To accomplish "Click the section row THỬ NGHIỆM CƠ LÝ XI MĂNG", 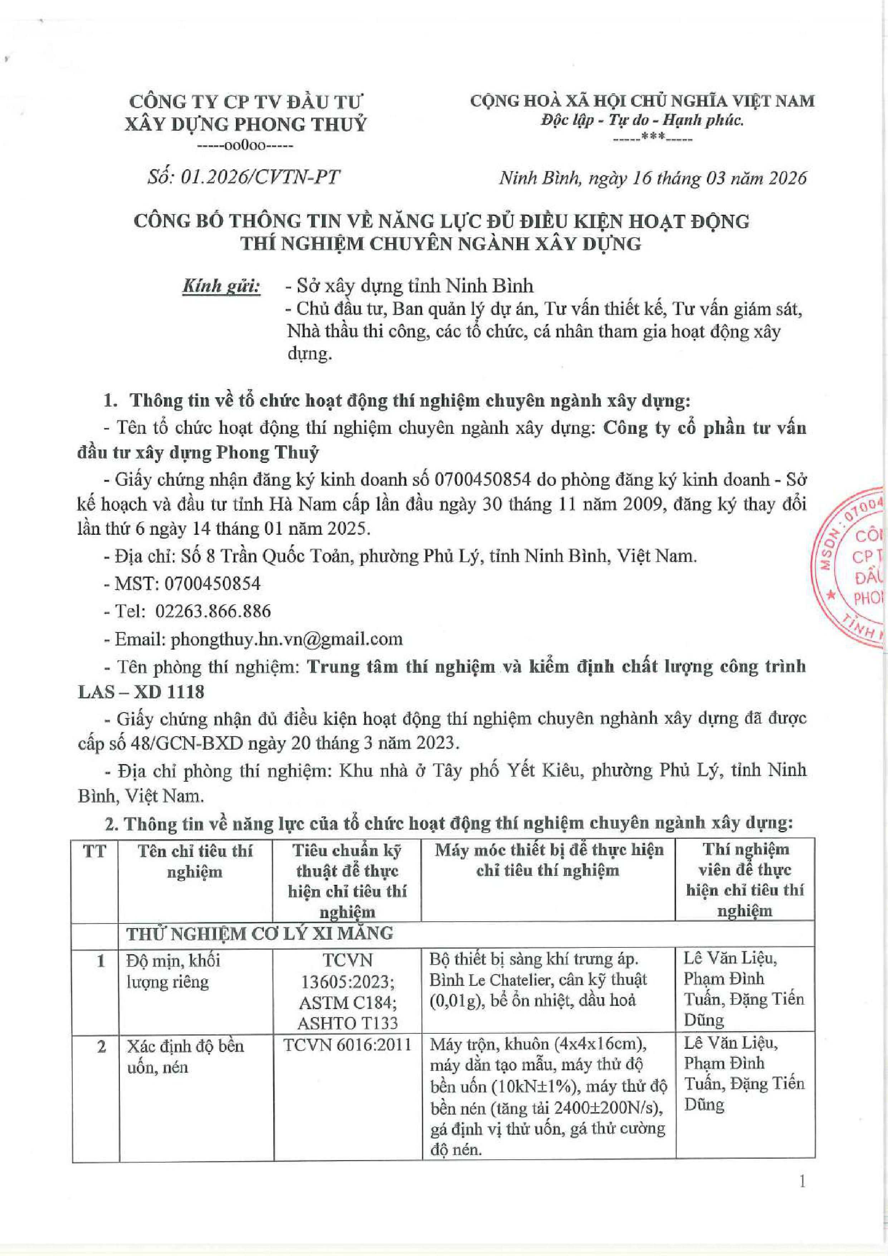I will pos(260,933).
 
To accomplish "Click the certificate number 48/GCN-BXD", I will pos(184,743).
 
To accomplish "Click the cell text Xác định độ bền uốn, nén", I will pos(185,1056).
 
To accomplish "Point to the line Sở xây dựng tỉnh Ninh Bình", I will pos(415,286).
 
